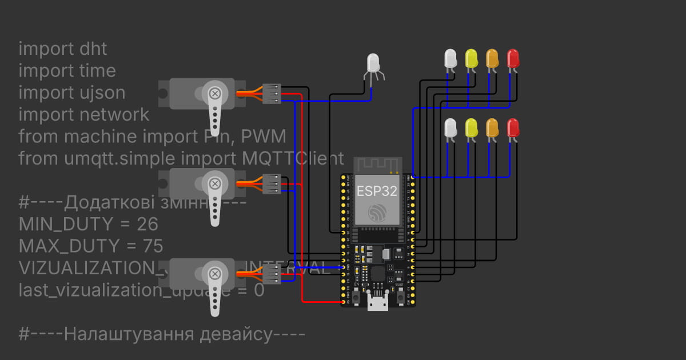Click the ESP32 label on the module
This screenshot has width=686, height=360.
[x=377, y=191]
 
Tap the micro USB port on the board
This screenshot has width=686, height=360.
[x=377, y=303]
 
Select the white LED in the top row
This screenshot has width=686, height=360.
[x=450, y=58]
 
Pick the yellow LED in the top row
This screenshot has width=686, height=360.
[x=471, y=58]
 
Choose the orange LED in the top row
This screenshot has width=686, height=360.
[x=492, y=58]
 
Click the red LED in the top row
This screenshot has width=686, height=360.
[x=513, y=58]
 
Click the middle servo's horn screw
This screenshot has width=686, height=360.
[x=215, y=183]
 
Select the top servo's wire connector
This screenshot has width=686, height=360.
[x=272, y=94]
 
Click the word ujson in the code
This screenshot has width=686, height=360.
[x=103, y=93]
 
